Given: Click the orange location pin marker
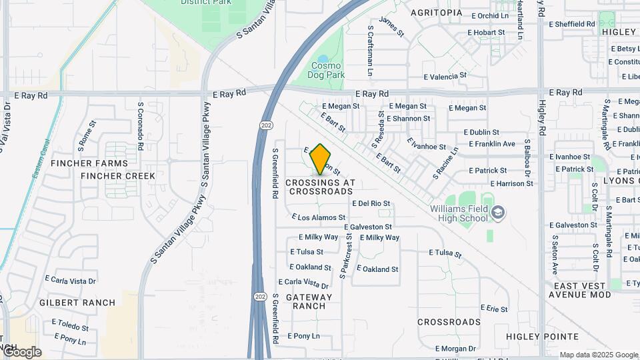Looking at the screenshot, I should tap(321, 159).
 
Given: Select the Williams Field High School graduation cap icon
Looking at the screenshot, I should tap(497, 213).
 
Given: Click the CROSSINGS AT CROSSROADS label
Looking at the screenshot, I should tap(321, 187).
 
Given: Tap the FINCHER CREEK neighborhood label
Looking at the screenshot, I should tap(118, 176).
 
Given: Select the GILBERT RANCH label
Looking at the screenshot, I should tap(77, 303).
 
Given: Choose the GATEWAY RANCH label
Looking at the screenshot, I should tap(309, 301).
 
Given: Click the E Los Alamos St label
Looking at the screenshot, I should tap(319, 217).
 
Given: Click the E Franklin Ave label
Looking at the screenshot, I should tap(492, 144).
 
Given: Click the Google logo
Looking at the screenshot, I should tap(22, 351).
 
